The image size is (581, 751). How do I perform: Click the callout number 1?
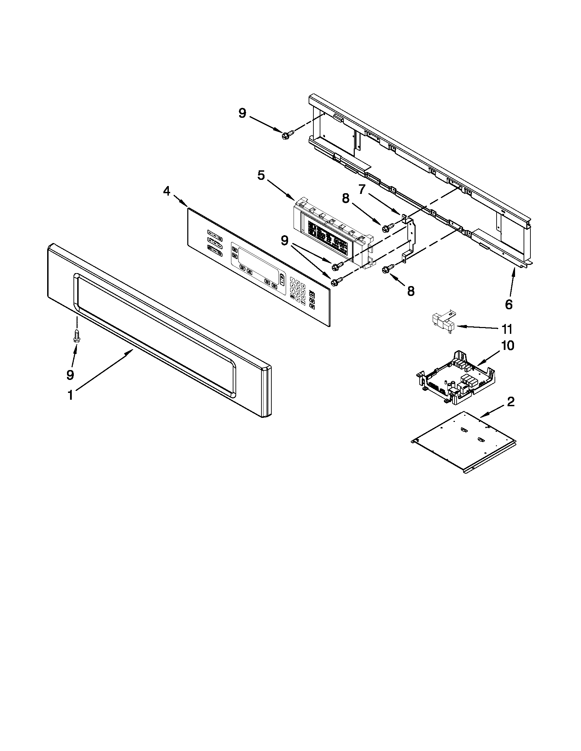click(x=70, y=395)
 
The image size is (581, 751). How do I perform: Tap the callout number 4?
click(x=166, y=191)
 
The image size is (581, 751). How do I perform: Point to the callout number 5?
click(x=261, y=175)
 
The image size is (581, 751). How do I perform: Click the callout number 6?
click(x=509, y=304)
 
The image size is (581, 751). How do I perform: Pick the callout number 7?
click(x=361, y=189)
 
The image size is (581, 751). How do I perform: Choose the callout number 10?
click(x=508, y=345)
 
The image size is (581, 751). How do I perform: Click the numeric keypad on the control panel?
click(x=298, y=293)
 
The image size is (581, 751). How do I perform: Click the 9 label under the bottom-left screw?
click(x=70, y=375)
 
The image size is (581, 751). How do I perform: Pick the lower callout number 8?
click(x=410, y=291)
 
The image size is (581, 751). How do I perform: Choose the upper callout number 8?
click(x=346, y=198)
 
